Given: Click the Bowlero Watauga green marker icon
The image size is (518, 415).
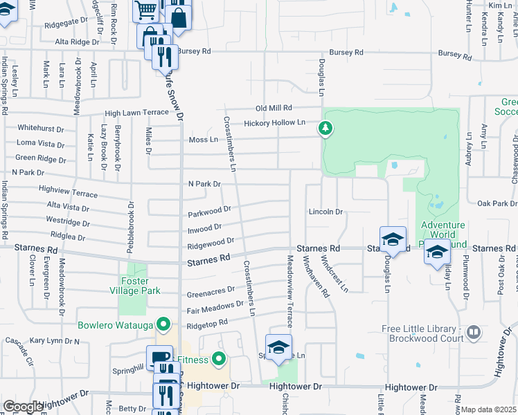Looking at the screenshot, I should pyautogui.click(x=163, y=324).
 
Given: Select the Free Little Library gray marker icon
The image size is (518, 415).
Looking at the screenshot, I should pyautogui.click(x=474, y=333).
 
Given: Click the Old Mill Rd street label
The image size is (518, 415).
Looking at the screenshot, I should pyautogui.click(x=274, y=108).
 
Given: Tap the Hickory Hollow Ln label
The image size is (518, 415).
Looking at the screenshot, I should pyautogui.click(x=274, y=123).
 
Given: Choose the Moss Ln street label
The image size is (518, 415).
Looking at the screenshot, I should pyautogui.click(x=203, y=140).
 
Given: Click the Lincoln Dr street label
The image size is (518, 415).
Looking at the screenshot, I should pyautogui.click(x=325, y=211).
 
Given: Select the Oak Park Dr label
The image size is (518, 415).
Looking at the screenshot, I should pyautogui.click(x=497, y=203).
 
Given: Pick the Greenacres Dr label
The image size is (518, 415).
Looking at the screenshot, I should pyautogui.click(x=211, y=292).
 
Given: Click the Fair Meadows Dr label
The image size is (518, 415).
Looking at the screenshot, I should pyautogui.click(x=215, y=306).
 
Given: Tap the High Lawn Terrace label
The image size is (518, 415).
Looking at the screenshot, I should pyautogui.click(x=136, y=113).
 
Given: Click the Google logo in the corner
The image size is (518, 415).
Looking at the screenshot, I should pyautogui.click(x=22, y=407).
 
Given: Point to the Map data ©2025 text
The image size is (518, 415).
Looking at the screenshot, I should pyautogui.click(x=489, y=410).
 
